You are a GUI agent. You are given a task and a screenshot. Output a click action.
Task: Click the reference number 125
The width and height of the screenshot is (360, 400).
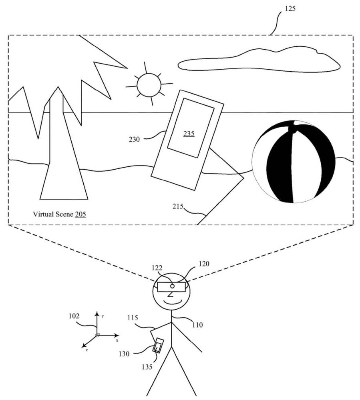[291, 8]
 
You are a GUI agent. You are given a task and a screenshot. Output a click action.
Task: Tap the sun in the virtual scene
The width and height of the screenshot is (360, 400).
[149, 85]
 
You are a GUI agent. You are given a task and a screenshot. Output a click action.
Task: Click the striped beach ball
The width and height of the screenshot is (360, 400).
[293, 162]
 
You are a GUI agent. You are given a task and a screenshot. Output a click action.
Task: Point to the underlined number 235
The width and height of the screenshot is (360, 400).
[189, 133]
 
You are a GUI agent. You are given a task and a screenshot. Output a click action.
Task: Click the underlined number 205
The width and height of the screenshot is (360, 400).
[80, 214]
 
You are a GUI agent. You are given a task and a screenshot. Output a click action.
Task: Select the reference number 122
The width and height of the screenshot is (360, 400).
[157, 268]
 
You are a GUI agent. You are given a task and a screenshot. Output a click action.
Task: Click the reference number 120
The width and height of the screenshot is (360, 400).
[203, 264]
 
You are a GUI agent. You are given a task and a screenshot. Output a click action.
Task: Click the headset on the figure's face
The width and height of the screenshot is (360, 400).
[171, 287]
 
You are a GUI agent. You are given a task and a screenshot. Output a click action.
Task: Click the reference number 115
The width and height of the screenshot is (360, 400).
[133, 317]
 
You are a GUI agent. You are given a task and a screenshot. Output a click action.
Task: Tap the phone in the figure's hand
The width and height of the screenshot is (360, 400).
[158, 345]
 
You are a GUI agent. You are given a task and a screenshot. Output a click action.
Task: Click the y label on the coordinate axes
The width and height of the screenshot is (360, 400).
[103, 316]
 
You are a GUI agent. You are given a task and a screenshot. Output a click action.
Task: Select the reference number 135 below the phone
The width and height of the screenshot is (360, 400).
[147, 366]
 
